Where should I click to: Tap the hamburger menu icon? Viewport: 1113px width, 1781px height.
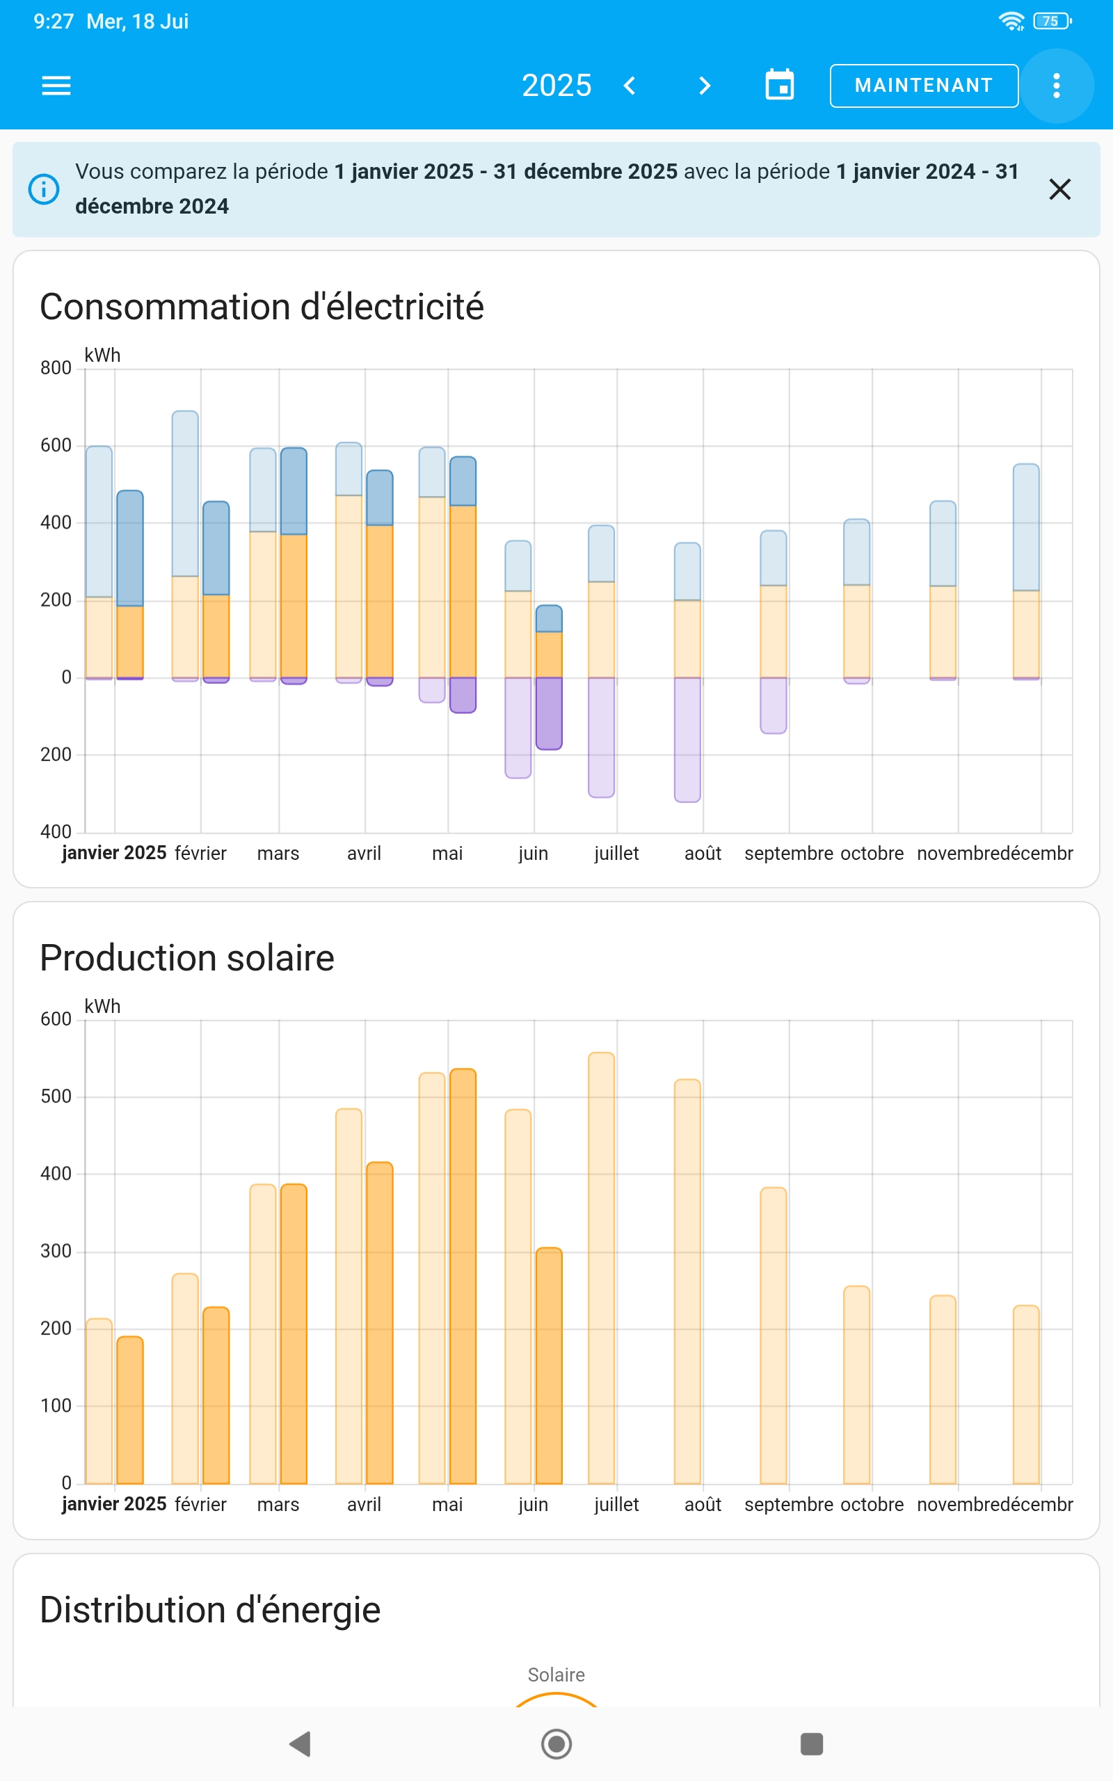(56, 86)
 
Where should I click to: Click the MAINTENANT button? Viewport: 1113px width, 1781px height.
(923, 86)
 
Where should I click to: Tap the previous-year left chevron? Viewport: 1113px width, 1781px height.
(630, 86)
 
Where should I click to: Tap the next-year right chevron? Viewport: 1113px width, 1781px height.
(705, 86)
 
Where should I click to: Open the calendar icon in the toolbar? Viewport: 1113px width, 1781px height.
(780, 86)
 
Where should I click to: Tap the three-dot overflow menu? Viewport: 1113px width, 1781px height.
(1057, 86)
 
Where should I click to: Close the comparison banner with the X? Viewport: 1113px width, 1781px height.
(1059, 189)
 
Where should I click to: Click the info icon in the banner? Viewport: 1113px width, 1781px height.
(43, 189)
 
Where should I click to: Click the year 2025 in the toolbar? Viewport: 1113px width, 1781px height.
(556, 86)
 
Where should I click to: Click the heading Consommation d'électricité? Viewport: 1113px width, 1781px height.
(262, 306)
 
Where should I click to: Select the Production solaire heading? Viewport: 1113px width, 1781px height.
(187, 957)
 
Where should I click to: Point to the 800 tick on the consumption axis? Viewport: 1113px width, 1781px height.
(56, 368)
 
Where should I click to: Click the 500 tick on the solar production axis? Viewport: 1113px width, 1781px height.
(56, 1096)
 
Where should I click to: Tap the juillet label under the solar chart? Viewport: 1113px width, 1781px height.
(616, 1504)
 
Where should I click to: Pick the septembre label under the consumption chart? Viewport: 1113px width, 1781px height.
(788, 853)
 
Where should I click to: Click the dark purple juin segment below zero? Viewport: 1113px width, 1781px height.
(549, 712)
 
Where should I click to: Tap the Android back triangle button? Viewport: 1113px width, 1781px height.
(301, 1743)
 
